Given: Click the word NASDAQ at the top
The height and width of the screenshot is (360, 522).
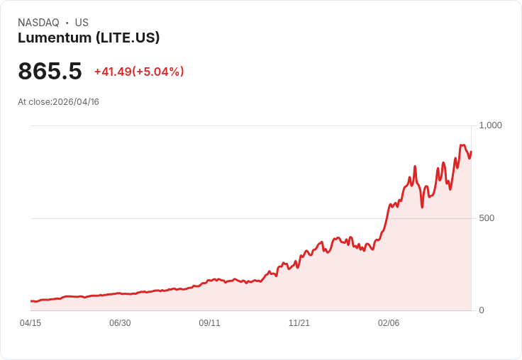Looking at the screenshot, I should click(x=38, y=23).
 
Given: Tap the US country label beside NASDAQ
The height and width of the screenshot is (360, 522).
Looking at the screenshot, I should click(x=82, y=23).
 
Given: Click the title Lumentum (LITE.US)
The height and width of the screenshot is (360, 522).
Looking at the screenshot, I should click(x=89, y=38).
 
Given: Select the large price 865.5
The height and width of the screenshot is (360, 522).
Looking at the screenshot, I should click(x=50, y=71).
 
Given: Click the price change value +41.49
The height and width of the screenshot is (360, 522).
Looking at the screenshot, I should click(x=113, y=72).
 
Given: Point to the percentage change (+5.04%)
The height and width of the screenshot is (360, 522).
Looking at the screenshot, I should click(x=158, y=72).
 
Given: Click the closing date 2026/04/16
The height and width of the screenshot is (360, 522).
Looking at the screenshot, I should click(x=76, y=102).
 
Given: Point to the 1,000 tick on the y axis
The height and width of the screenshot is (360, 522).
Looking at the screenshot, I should click(x=490, y=125).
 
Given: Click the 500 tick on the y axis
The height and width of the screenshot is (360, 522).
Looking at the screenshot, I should click(x=487, y=218).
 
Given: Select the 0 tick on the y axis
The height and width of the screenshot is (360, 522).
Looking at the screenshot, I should click(x=482, y=310).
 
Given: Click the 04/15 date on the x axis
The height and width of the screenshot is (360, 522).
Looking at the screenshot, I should click(x=30, y=323).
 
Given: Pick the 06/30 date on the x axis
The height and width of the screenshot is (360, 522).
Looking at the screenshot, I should click(x=120, y=323).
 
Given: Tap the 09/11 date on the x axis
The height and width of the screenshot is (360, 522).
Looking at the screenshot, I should click(x=209, y=323).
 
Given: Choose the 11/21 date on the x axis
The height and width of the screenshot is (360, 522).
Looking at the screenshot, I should click(x=299, y=323).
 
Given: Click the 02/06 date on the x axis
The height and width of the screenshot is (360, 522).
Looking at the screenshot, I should click(x=389, y=323).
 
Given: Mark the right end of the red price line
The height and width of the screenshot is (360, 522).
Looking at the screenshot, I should click(x=471, y=151).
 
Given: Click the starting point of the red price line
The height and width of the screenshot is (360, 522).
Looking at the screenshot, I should click(x=30, y=301).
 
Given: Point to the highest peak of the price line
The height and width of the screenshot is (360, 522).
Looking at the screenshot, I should click(x=462, y=145).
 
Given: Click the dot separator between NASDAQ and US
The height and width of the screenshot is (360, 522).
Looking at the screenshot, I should click(x=67, y=23).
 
